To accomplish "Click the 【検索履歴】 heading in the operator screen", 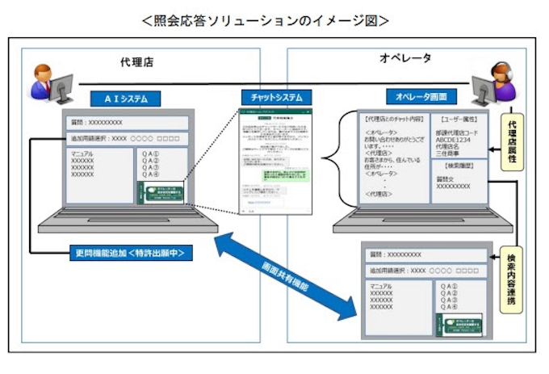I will pos(457,165).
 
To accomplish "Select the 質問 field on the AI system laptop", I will pos(126,123).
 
